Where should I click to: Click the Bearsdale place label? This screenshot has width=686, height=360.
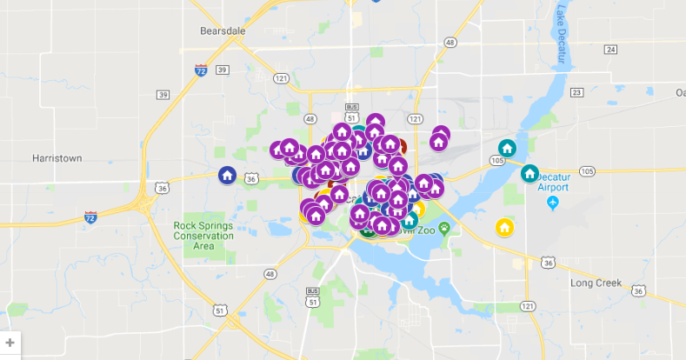click(223, 30)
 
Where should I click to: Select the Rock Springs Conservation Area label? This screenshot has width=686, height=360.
click(203, 236)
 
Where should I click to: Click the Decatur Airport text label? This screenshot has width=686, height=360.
click(553, 181)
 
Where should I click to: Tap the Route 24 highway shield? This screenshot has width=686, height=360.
click(610, 50)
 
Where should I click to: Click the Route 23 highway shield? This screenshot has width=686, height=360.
click(575, 91)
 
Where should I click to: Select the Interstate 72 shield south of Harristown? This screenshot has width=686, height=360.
click(90, 217)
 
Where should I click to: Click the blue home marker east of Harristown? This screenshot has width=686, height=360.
click(227, 176)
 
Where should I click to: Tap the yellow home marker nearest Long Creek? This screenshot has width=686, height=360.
click(503, 228)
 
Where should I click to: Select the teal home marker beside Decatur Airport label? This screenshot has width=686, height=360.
click(529, 174)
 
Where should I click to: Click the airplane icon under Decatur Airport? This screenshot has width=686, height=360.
click(554, 203)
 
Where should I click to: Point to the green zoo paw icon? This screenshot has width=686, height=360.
click(444, 229)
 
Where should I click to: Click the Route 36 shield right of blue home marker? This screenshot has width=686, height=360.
click(251, 178)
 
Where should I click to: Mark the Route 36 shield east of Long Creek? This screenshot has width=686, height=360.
click(639, 290)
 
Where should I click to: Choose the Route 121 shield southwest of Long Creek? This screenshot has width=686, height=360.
click(528, 306)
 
